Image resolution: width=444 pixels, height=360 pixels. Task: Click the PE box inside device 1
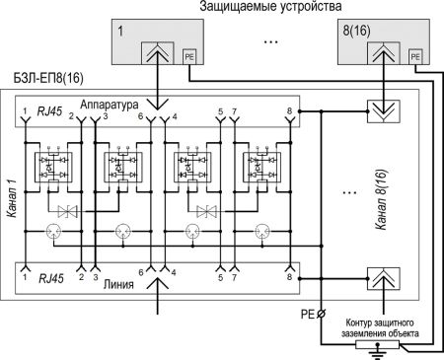click(189, 57)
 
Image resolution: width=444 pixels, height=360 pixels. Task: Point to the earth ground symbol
click(374, 348)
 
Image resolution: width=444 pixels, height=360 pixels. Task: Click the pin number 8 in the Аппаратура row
click(288, 112)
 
